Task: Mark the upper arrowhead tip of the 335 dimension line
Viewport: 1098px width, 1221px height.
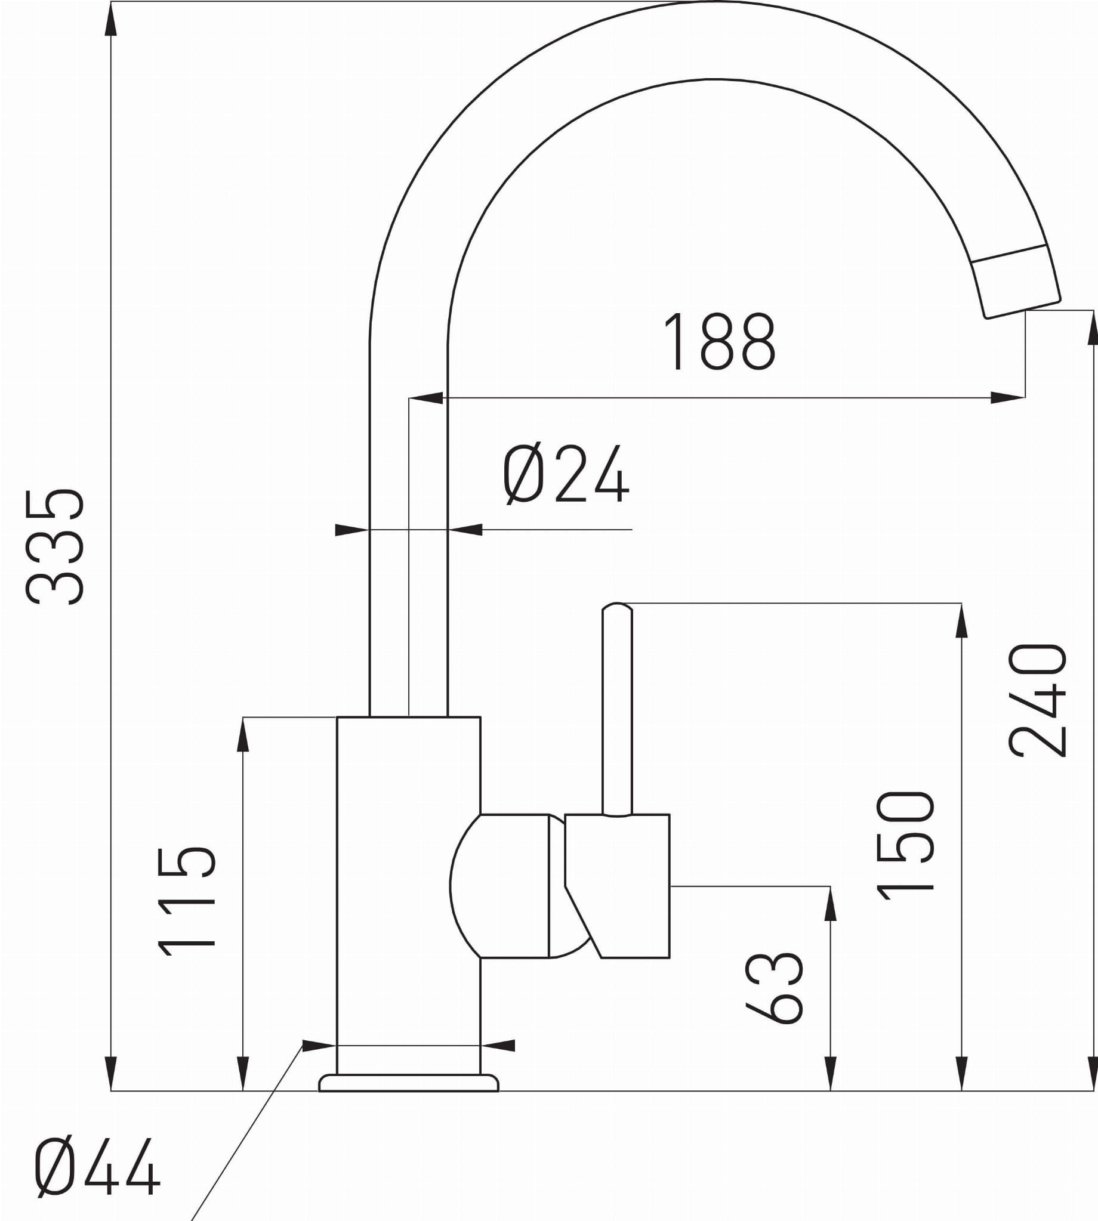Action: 111,2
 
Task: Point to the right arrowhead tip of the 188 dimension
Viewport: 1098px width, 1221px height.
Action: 1025,398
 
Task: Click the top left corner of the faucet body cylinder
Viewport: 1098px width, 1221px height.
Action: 337,717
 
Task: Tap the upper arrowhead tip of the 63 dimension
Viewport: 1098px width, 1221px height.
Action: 831,886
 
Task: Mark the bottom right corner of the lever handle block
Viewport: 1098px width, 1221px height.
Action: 670,957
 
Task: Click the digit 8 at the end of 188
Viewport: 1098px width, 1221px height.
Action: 759,341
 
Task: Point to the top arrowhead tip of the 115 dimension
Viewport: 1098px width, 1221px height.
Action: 243,718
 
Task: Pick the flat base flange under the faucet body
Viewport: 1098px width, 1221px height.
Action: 409,1083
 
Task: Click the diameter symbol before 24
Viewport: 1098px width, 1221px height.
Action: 524,474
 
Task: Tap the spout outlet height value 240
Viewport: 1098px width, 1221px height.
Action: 1038,700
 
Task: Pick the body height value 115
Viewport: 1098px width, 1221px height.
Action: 186,902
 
